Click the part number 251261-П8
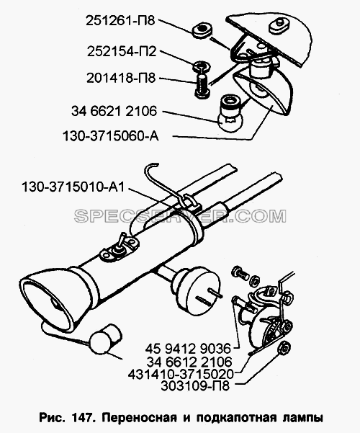tap(121, 21)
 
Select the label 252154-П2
tap(122, 52)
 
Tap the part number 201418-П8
tap(121, 78)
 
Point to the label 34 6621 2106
tap(114, 111)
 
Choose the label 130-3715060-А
tap(111, 136)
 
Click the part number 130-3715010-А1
tap(73, 187)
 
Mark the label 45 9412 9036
tap(188, 349)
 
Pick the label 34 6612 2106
tap(189, 362)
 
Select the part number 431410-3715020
tap(181, 374)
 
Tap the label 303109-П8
tap(195, 386)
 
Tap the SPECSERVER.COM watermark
tap(180, 216)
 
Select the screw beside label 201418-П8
tap(202, 85)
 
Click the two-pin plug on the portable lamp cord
tap(196, 287)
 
